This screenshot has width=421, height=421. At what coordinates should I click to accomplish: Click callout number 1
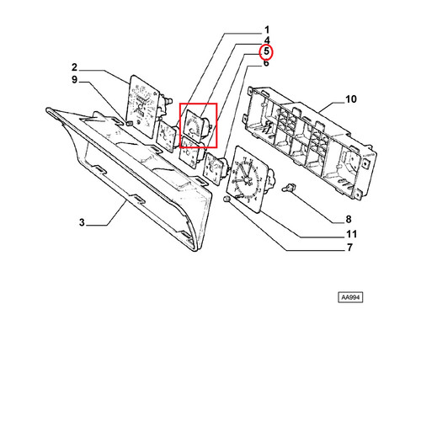tap(267, 29)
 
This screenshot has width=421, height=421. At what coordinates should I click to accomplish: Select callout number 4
tap(267, 40)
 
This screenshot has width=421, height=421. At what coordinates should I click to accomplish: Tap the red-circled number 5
tap(266, 51)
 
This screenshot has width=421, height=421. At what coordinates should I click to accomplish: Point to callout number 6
tap(266, 63)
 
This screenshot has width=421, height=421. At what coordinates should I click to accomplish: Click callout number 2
tap(74, 67)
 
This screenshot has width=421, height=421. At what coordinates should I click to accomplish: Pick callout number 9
tap(74, 80)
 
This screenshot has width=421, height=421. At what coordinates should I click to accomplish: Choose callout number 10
tap(351, 99)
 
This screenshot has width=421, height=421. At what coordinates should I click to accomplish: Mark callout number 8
tap(349, 219)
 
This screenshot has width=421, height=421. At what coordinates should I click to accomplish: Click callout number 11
tap(351, 234)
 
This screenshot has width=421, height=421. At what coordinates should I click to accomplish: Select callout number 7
tap(349, 248)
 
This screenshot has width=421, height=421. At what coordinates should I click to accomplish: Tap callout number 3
tap(82, 222)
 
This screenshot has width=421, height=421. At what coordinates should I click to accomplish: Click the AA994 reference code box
tap(350, 297)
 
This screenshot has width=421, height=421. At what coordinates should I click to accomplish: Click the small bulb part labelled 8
tap(288, 188)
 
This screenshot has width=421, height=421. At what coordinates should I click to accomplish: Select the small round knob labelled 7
tap(226, 199)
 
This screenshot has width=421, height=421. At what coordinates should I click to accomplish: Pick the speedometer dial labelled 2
tap(142, 106)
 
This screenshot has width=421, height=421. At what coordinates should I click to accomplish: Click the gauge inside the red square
tap(195, 124)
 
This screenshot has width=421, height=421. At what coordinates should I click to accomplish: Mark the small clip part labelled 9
tap(130, 123)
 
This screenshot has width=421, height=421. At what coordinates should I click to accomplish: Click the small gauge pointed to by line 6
tap(216, 169)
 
